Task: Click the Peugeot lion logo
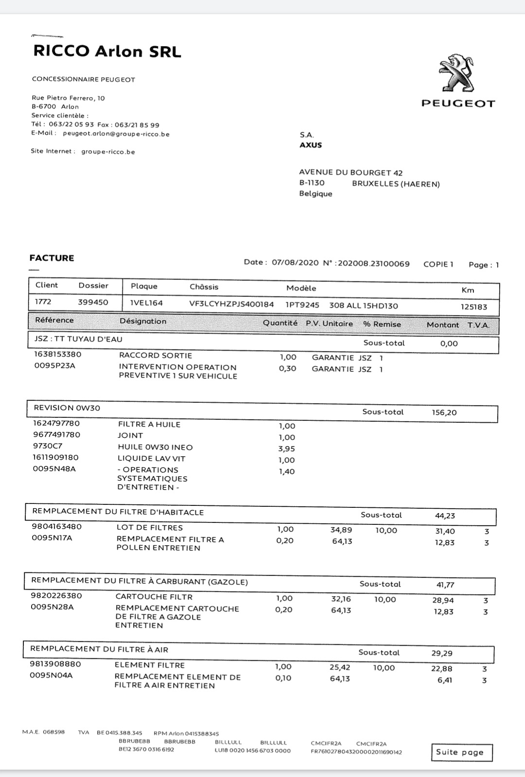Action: pyautogui.click(x=457, y=73)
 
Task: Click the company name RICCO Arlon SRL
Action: pyautogui.click(x=107, y=52)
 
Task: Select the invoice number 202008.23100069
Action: pyautogui.click(x=373, y=263)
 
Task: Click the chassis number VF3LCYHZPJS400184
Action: pyautogui.click(x=231, y=304)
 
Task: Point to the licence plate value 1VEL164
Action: pyautogui.click(x=146, y=303)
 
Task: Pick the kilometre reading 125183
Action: pyautogui.click(x=473, y=307)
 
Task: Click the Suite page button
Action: pyautogui.click(x=461, y=752)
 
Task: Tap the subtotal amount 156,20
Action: pyautogui.click(x=444, y=412)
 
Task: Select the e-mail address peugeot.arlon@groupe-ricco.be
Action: pyautogui.click(x=116, y=134)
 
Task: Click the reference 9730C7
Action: pyautogui.click(x=48, y=446)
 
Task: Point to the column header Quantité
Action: pyautogui.click(x=280, y=323)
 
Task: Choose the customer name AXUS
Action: pyautogui.click(x=311, y=145)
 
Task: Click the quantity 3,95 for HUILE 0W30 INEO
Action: pyautogui.click(x=286, y=449)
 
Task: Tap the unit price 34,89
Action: pyautogui.click(x=341, y=530)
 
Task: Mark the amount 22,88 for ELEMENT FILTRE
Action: pyautogui.click(x=442, y=669)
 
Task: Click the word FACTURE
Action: pyautogui.click(x=52, y=258)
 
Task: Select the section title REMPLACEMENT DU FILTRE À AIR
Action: pyautogui.click(x=99, y=649)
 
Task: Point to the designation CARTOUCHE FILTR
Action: pyautogui.click(x=154, y=596)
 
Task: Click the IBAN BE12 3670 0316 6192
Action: pyautogui.click(x=146, y=749)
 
